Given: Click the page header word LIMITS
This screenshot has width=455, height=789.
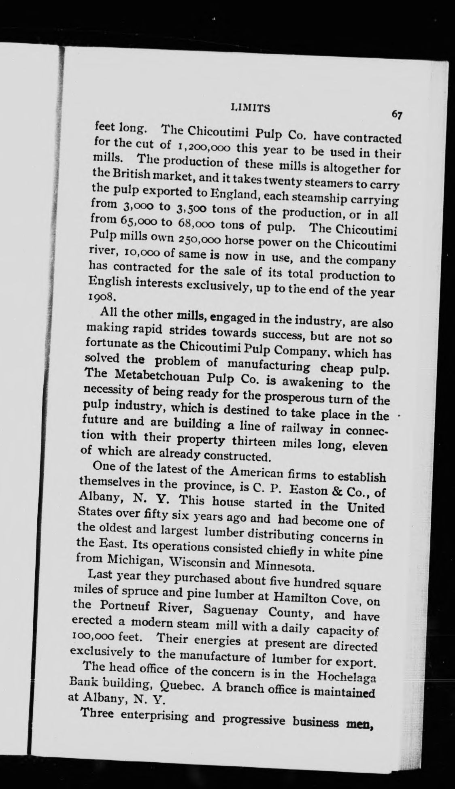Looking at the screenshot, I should (250, 107).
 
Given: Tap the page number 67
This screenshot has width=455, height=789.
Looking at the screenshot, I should (397, 115).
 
